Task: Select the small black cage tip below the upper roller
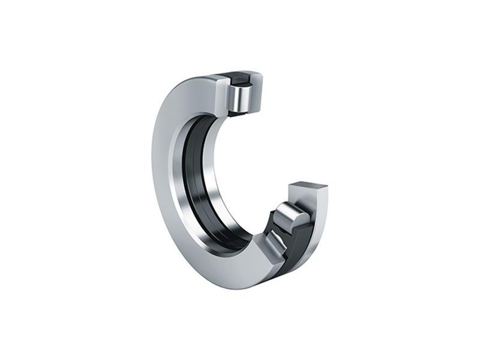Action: point(236,112)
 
